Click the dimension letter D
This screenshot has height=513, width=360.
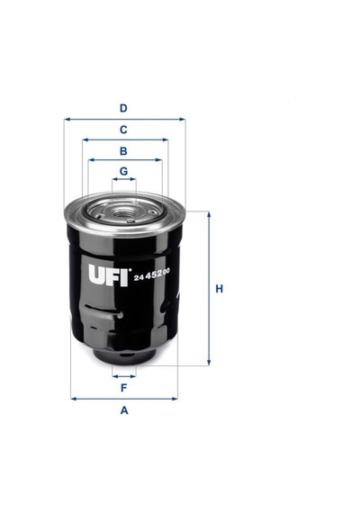click(123, 108)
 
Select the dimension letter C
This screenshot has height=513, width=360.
click(123, 130)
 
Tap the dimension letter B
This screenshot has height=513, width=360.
click(123, 151)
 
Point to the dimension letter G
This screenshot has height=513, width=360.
click(123, 171)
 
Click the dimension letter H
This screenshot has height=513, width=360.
click(219, 289)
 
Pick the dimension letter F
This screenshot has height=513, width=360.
click(123, 388)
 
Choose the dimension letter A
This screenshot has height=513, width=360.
click(124, 409)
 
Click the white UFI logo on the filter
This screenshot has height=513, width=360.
click(108, 274)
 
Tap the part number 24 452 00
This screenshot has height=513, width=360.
click(151, 274)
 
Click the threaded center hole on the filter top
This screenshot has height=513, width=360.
click(124, 213)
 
